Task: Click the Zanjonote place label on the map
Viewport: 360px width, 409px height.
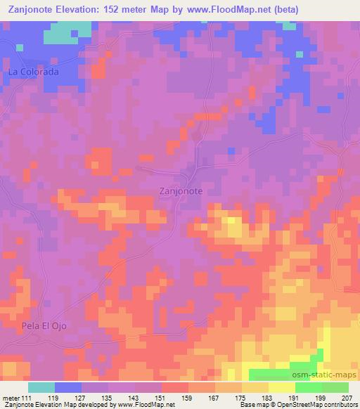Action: tap(181, 190)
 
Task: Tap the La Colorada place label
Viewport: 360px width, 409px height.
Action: tap(32, 72)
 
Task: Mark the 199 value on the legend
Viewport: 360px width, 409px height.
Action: tap(321, 398)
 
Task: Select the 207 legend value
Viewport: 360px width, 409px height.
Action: tap(347, 398)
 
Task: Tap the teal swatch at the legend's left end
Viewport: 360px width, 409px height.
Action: tap(41, 387)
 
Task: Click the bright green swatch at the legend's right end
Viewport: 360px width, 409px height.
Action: tap(335, 387)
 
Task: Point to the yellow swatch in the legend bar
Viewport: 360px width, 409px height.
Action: tap(281, 387)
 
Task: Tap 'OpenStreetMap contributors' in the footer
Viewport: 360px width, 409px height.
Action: tap(319, 405)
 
